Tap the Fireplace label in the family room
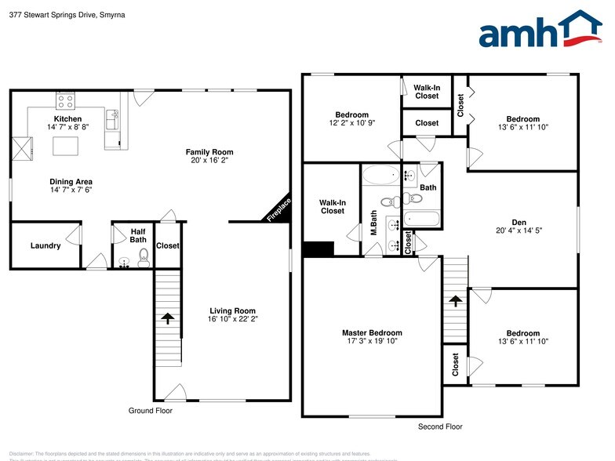[x=279, y=210]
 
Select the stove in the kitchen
[x=65, y=100]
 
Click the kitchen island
[x=64, y=146]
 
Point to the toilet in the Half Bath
[x=144, y=257]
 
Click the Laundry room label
[x=45, y=245]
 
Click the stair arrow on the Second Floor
[x=454, y=300]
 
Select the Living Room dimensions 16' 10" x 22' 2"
[x=231, y=319]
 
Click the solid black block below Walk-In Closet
[x=318, y=249]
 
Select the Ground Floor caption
[x=150, y=410]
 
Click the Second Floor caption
[x=439, y=427]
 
